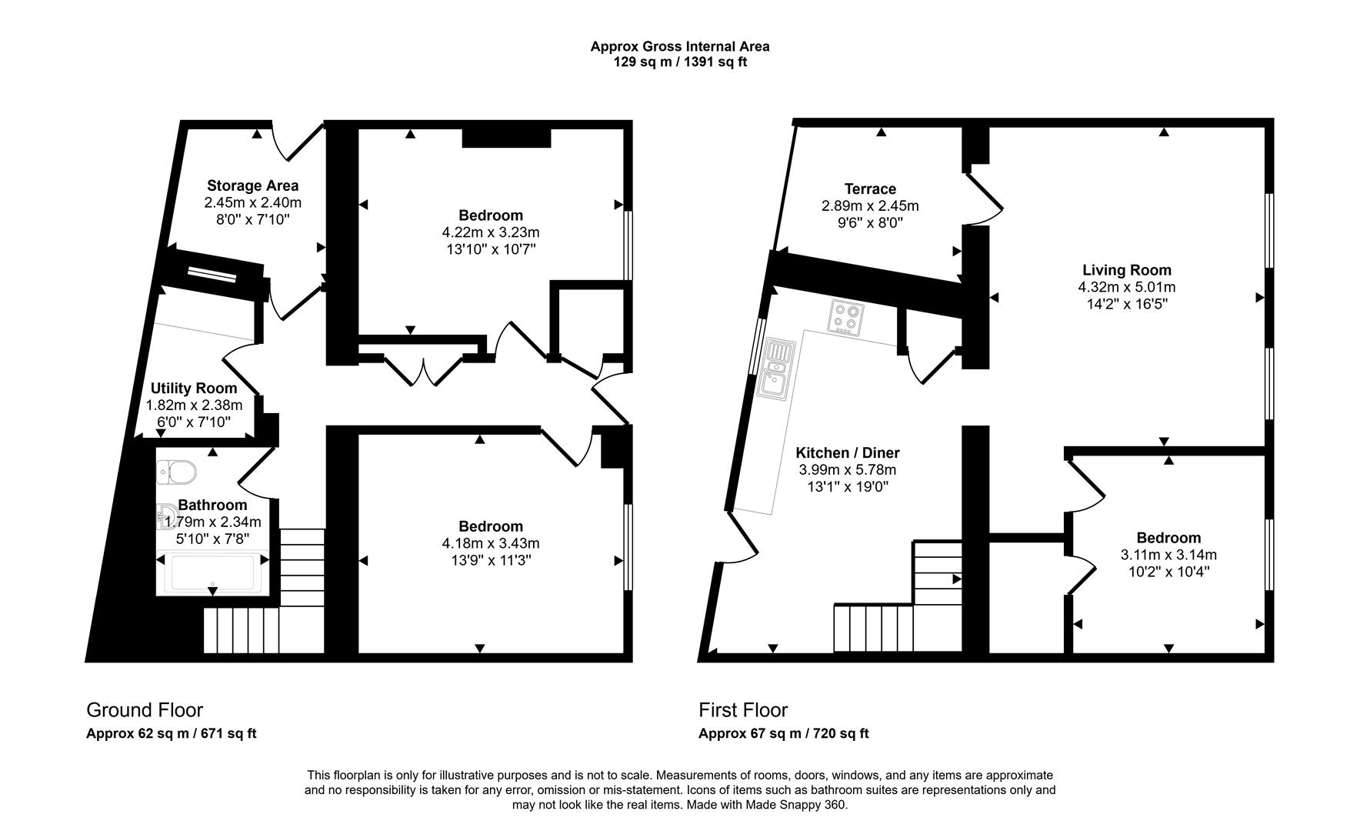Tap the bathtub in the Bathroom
pyautogui.click(x=212, y=572)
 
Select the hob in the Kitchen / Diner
pyautogui.click(x=847, y=317)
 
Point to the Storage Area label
pyautogui.click(x=252, y=185)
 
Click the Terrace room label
pyautogui.click(x=870, y=189)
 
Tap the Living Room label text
pyautogui.click(x=1126, y=270)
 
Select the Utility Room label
pyautogui.click(x=194, y=388)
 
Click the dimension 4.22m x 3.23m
pyautogui.click(x=490, y=232)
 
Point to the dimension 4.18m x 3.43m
pyautogui.click(x=490, y=543)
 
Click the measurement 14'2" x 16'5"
pyautogui.click(x=1126, y=304)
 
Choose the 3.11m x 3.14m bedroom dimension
pyautogui.click(x=1168, y=555)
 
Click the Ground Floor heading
pyautogui.click(x=145, y=709)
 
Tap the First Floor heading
pyautogui.click(x=743, y=709)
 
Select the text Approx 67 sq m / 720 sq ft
pyautogui.click(x=783, y=733)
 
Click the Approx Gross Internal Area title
pyautogui.click(x=679, y=46)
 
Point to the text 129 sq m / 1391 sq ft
pyautogui.click(x=679, y=62)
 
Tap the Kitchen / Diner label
pyautogui.click(x=847, y=453)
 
